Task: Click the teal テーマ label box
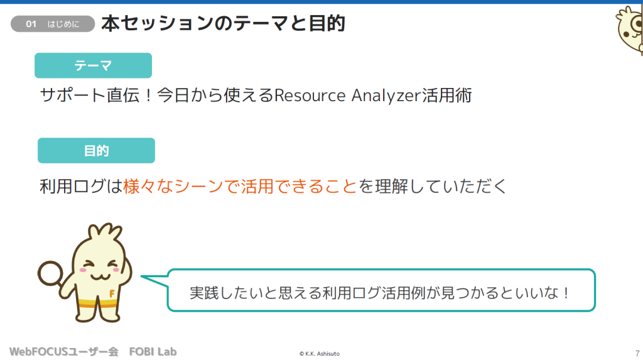click(93, 65)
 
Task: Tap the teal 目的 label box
click(96, 150)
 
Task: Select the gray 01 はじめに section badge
click(53, 24)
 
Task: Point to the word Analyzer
click(386, 95)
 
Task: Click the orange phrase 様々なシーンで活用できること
click(240, 187)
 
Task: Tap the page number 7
click(637, 354)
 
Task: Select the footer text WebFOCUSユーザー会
click(63, 352)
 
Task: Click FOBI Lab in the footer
click(153, 352)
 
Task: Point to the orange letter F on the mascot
click(112, 293)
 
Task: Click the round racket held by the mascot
click(50, 274)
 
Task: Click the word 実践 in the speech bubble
click(204, 293)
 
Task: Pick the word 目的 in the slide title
click(327, 23)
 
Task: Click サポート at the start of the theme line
click(73, 95)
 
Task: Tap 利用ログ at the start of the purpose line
click(72, 187)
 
